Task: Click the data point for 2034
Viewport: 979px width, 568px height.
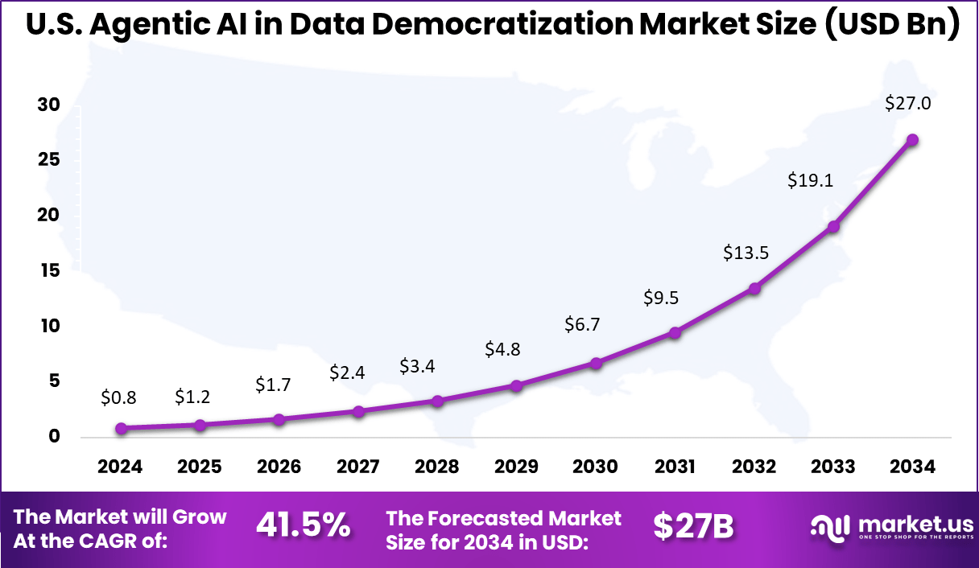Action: coord(912,140)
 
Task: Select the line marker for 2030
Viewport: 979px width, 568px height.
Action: coord(596,363)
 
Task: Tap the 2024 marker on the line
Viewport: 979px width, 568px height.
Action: coord(121,429)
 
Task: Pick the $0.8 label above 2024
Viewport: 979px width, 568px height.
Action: coord(120,397)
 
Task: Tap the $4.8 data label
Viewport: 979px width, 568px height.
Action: coord(504,349)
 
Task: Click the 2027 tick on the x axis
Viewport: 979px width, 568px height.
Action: coord(358,467)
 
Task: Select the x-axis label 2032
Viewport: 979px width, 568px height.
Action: coord(754,467)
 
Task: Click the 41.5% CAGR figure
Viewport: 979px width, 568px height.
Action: coord(303,525)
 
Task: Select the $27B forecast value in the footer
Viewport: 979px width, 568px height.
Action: coord(692,526)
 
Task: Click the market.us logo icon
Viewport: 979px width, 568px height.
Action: coord(829,528)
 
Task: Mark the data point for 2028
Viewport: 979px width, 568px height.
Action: coord(437,401)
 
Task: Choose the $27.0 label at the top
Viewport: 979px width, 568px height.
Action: coord(907,104)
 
